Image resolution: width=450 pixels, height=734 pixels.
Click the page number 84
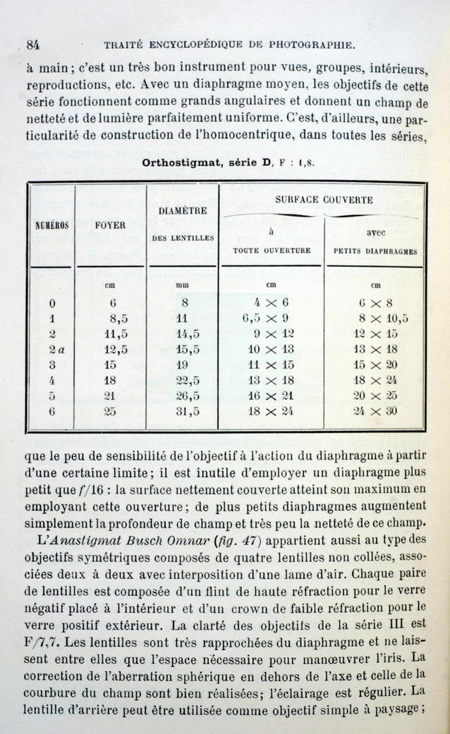32,44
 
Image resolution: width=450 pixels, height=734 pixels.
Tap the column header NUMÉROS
52,226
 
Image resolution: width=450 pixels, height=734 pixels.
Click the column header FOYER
110,226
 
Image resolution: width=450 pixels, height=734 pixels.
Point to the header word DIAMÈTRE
183,210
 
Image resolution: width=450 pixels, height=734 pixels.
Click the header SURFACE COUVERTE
324,200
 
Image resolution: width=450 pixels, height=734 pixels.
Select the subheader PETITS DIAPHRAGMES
375,250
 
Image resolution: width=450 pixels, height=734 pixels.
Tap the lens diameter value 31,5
187,412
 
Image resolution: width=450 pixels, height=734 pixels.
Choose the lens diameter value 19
182,365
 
